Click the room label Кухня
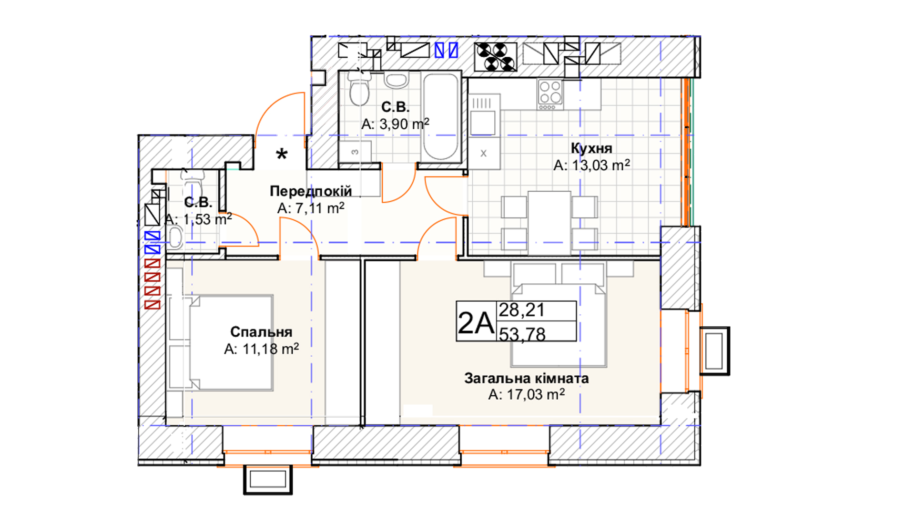click(591, 148)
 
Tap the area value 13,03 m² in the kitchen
click(591, 165)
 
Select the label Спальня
click(261, 331)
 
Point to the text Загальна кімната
click(527, 378)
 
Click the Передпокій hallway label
click(311, 191)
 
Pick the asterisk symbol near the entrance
click(282, 154)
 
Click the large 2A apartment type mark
click(476, 322)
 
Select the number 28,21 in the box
click(521, 310)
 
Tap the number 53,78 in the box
click(522, 334)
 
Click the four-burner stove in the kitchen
click(550, 94)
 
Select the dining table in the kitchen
click(549, 222)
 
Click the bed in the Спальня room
click(231, 343)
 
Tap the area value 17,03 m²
click(527, 395)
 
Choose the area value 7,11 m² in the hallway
click(311, 208)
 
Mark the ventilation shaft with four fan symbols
click(496, 57)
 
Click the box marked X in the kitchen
click(484, 154)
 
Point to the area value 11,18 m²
click(262, 349)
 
